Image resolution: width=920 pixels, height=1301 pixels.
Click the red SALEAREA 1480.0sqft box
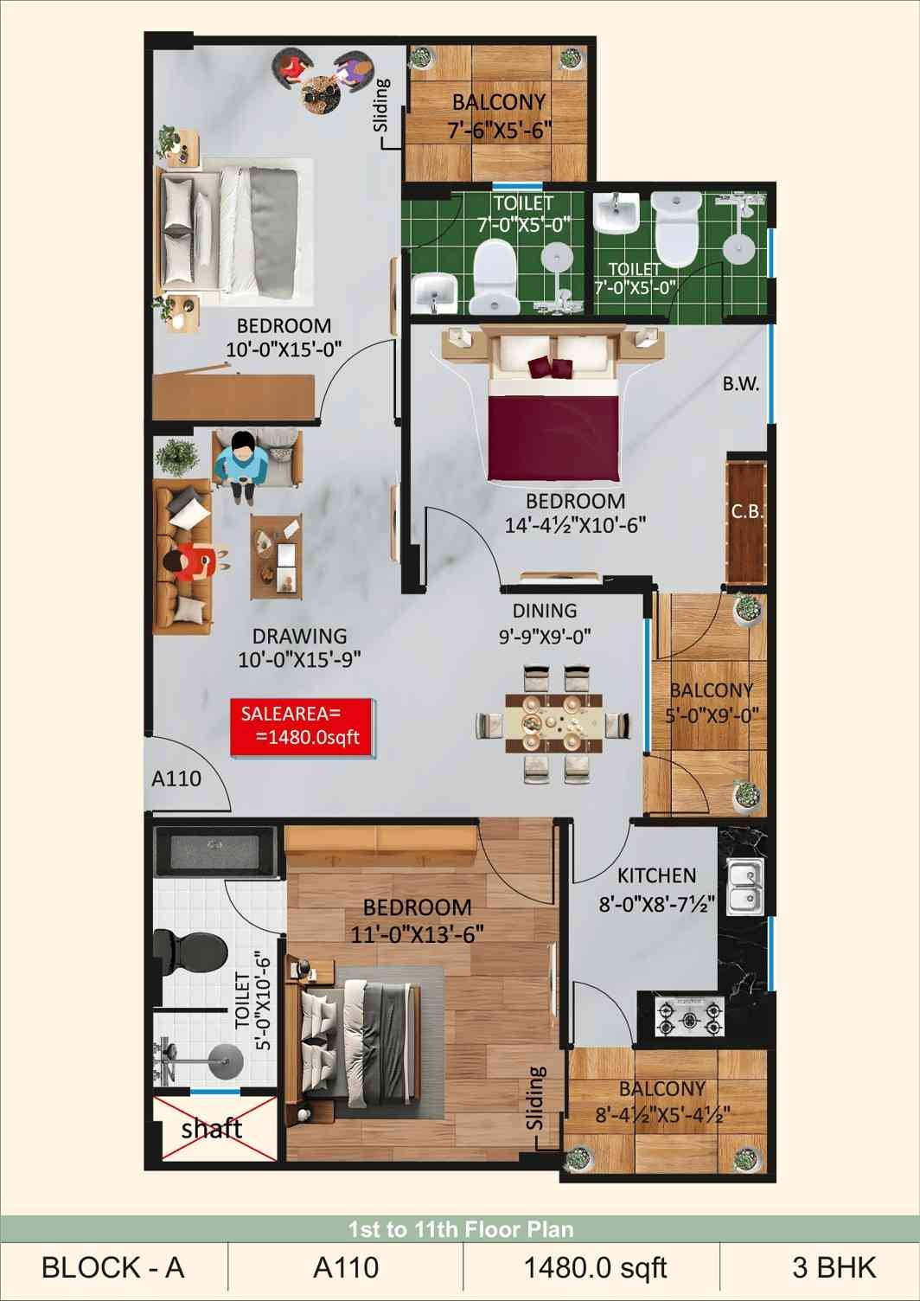(x=301, y=727)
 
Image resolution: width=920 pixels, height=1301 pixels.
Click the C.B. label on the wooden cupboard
(x=748, y=512)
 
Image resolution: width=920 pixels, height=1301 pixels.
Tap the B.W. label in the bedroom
(x=741, y=384)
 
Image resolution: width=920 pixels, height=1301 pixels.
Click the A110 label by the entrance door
(x=176, y=779)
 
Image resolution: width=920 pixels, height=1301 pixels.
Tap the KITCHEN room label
(x=656, y=875)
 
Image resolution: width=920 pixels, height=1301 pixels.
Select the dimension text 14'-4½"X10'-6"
(x=575, y=526)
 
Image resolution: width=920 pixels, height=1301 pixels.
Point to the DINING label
(x=545, y=611)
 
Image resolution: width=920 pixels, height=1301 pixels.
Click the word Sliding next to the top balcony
(x=381, y=106)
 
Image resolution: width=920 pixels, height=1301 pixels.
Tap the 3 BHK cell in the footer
(x=834, y=1267)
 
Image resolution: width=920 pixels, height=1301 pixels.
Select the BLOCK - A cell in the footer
(x=113, y=1267)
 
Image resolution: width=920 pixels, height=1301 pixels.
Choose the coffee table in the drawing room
(x=277, y=556)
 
